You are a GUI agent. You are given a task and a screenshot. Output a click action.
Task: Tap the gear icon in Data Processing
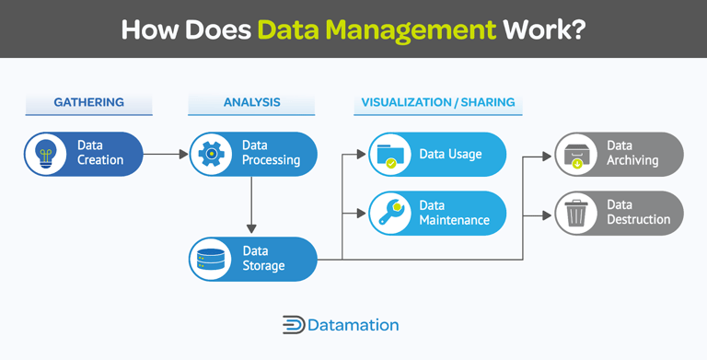tap(212, 154)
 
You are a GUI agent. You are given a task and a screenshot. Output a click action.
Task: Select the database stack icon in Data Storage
tap(212, 259)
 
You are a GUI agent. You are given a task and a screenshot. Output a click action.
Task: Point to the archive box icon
tap(576, 154)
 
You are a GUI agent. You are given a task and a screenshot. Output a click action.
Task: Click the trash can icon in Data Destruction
tap(576, 213)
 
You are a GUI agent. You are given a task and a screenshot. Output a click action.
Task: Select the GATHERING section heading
tap(88, 102)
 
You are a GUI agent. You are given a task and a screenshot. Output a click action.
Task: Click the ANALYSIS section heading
tap(251, 102)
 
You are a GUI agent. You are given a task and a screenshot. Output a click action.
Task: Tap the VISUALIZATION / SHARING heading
tap(437, 102)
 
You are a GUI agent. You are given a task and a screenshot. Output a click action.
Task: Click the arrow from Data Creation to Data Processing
tap(166, 154)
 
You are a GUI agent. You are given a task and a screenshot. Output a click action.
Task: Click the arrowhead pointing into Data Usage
tap(361, 154)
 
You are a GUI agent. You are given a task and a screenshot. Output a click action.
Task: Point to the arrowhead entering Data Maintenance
tap(361, 213)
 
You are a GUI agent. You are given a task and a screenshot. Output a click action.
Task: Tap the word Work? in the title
tap(543, 29)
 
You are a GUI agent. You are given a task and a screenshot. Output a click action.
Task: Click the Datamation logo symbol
tap(294, 325)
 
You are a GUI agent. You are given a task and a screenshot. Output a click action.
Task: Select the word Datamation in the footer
tap(354, 325)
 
